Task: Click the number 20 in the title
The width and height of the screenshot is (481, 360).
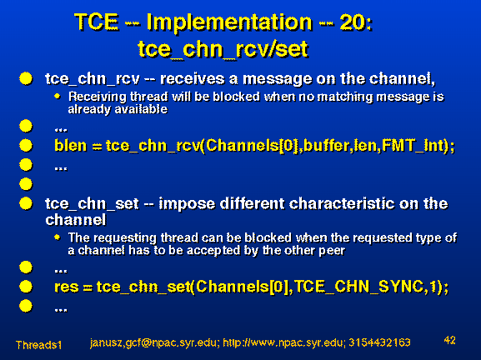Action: coord(353,22)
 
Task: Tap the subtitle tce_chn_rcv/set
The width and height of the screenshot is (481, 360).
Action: coord(223,49)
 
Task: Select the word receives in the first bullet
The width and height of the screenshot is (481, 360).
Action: coord(194,79)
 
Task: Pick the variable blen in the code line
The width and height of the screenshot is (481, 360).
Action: coord(71,145)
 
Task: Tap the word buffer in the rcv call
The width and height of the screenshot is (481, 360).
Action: coord(327,145)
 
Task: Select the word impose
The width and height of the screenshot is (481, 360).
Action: coord(187,204)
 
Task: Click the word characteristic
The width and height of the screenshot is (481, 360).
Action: coord(342,203)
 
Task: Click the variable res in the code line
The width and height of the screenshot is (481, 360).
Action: coord(66,287)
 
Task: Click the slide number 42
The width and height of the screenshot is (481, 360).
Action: coord(449,340)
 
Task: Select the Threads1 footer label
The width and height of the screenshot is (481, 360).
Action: coord(38,345)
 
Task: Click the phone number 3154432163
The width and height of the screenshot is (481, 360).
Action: coord(379,342)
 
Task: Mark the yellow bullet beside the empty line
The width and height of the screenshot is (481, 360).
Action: coord(26,184)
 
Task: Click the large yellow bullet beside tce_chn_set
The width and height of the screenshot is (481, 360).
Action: coord(26,203)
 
